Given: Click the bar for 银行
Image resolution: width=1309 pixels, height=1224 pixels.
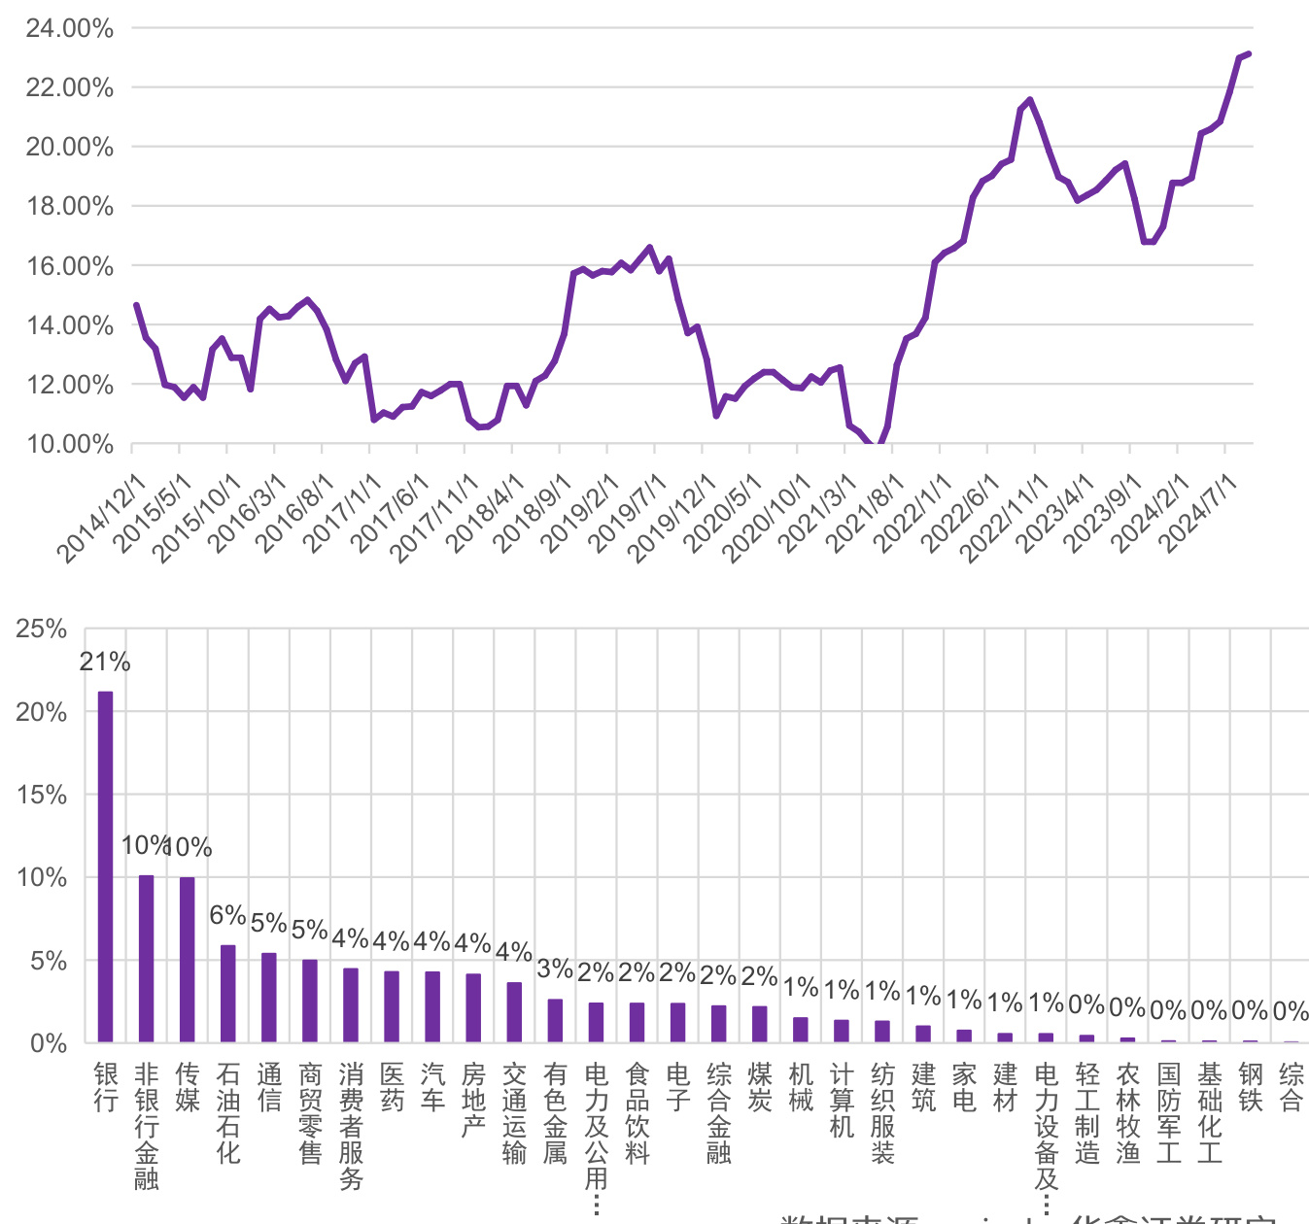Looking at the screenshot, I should [x=105, y=867].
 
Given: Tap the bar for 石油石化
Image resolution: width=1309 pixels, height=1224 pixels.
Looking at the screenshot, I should [x=227, y=994].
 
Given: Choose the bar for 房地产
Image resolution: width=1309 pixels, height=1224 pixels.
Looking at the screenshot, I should [x=473, y=1008].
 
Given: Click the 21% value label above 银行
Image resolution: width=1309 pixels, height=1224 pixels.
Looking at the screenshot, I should [x=105, y=663].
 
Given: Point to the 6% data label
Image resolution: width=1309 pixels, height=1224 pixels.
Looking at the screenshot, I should [x=227, y=915].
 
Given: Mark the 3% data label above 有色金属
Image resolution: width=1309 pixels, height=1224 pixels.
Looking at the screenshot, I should [x=555, y=969].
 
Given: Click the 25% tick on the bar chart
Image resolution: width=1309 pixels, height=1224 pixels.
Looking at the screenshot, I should [x=42, y=629].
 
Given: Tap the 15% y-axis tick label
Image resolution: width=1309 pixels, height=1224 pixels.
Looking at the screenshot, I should [x=42, y=796].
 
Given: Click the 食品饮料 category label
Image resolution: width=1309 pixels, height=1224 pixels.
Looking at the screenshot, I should [x=637, y=1112].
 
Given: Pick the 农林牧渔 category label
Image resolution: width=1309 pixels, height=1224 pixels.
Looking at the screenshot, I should [x=1127, y=1112].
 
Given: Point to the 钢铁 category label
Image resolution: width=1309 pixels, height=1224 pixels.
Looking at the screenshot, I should [x=1250, y=1087].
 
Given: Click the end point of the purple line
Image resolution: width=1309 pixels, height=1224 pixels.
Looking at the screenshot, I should [x=1249, y=53].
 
